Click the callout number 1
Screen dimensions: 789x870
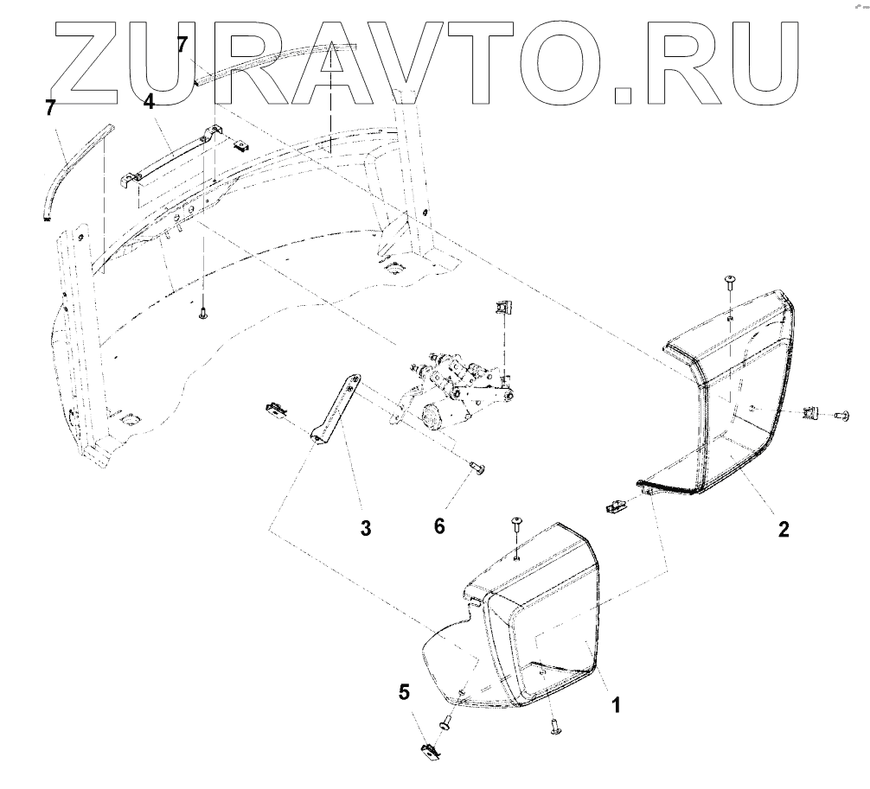pos(616,705)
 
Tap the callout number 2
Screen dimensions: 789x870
pos(782,529)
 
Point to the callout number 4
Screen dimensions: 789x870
pos(149,103)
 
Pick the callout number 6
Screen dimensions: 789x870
pos(439,525)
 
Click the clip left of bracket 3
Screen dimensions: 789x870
pos(276,406)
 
